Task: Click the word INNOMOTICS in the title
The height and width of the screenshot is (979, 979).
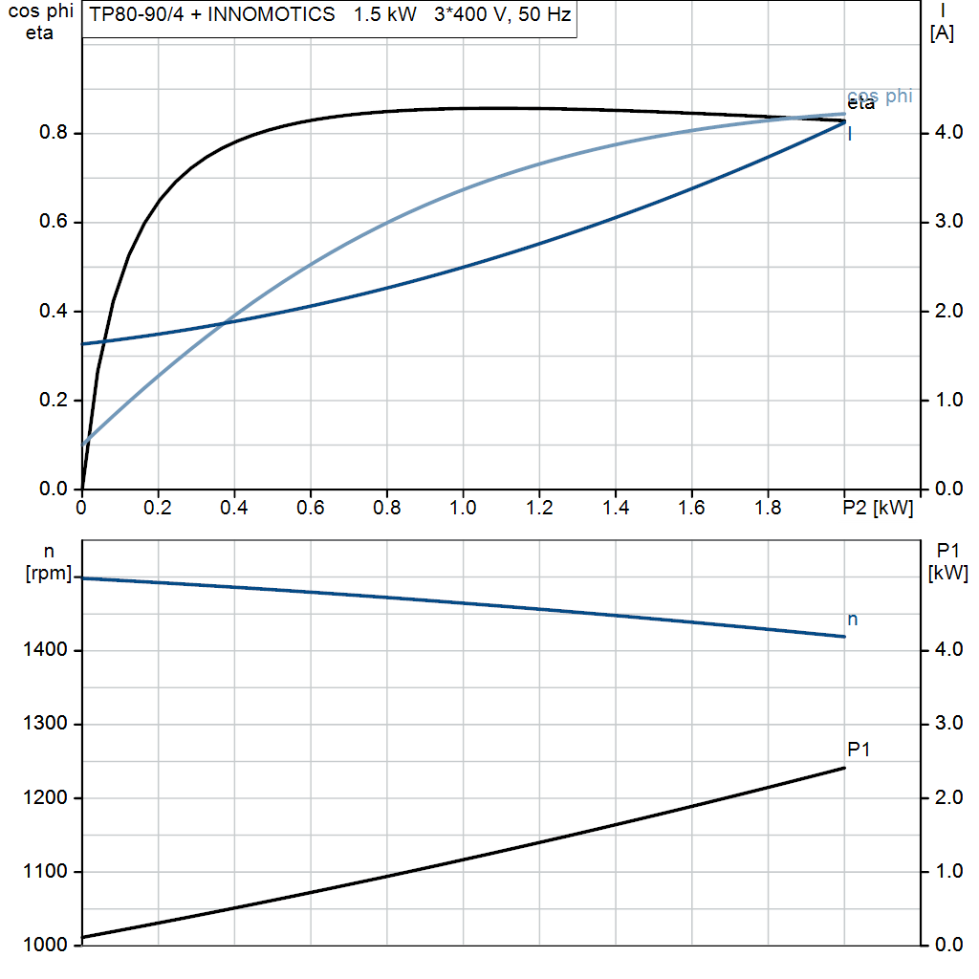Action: (276, 15)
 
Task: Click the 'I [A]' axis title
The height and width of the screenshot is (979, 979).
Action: (942, 23)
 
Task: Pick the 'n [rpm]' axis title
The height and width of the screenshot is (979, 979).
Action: (47, 562)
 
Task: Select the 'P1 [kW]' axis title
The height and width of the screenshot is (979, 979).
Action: (947, 562)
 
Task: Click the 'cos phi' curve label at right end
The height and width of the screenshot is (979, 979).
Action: (880, 96)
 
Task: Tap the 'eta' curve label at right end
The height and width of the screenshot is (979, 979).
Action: (860, 104)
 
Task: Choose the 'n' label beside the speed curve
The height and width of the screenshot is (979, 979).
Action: (853, 620)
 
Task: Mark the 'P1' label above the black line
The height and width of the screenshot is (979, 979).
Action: (859, 750)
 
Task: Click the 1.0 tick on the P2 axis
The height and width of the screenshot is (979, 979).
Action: (463, 509)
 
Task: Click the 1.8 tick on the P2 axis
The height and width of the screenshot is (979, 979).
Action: (769, 509)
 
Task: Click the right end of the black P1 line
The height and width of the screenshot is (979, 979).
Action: (845, 768)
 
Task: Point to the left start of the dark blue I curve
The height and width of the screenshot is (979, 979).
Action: (83, 343)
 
